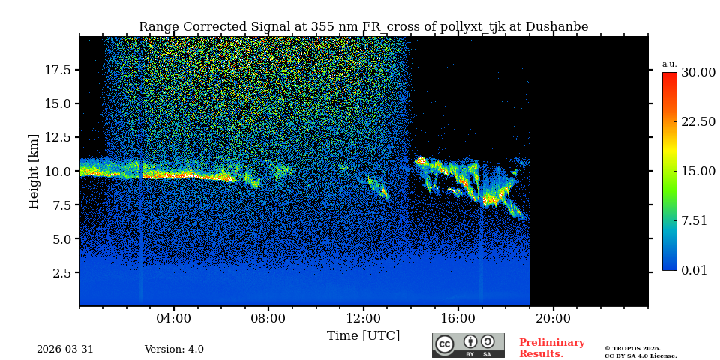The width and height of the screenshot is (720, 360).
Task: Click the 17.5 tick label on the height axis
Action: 58,70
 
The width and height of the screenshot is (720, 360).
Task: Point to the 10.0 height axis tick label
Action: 58,172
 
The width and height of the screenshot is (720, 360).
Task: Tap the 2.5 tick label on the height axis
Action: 61,273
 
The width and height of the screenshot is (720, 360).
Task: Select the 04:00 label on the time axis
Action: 174,318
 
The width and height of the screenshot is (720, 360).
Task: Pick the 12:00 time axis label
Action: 363,318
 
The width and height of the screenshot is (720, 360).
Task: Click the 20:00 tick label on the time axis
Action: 553,318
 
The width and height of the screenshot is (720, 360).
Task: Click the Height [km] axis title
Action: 34,171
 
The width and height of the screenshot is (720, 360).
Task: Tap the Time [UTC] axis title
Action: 363,336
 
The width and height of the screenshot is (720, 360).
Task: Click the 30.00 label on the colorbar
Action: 698,73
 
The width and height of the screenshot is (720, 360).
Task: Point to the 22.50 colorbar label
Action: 698,121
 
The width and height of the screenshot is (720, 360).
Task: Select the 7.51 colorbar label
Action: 695,220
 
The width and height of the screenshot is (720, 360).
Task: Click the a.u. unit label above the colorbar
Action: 669,64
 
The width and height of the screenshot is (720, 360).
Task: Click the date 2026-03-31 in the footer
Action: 65,349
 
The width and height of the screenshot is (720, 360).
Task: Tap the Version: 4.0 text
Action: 174,349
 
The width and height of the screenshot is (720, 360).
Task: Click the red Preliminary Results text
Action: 551,348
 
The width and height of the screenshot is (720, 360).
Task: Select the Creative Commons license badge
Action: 468,345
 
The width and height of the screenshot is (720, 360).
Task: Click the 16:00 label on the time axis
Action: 458,318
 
